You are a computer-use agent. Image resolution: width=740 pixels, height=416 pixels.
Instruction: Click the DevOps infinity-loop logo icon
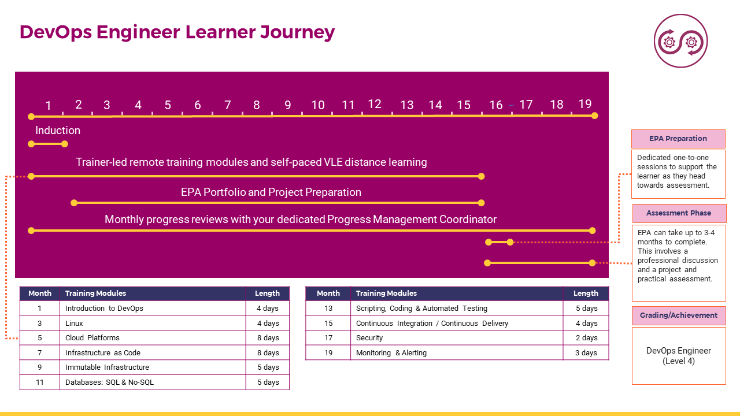[x=680, y=41]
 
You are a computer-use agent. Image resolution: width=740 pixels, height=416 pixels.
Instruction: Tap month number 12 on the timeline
[x=375, y=104]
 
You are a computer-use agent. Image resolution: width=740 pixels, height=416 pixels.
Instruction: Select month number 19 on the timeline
[x=584, y=104]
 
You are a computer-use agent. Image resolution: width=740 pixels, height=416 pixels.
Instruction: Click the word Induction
[x=58, y=131]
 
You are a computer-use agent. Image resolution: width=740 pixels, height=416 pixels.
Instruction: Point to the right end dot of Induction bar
[x=65, y=144]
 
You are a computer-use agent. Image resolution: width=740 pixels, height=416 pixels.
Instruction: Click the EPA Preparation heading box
[x=678, y=139]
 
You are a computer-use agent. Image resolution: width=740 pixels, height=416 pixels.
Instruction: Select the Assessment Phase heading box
[x=679, y=213]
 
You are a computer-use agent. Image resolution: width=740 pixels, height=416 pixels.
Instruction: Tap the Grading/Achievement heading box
[x=679, y=315]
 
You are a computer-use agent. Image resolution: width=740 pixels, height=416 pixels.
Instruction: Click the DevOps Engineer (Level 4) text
[x=679, y=355]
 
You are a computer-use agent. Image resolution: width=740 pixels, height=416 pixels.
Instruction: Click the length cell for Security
[x=586, y=338]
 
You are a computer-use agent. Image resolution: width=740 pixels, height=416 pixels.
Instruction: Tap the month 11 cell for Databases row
[x=40, y=382]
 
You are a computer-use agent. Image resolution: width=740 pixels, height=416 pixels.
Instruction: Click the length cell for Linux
[x=268, y=323]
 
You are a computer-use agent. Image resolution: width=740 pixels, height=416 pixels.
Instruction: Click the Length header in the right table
[x=586, y=293]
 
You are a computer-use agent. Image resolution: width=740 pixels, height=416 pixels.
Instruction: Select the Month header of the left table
[x=40, y=293]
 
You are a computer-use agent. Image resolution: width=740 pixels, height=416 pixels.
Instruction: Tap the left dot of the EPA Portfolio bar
[x=74, y=203]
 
